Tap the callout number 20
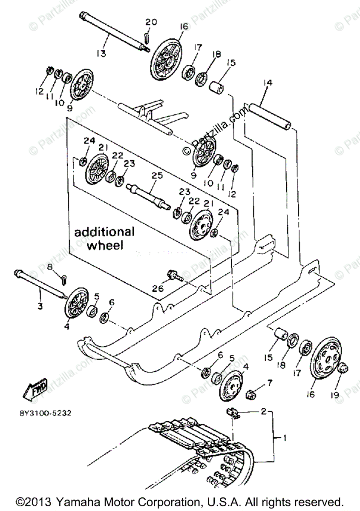(x=151, y=22)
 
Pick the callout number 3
(x=40, y=306)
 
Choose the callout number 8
(x=49, y=267)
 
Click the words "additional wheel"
(x=104, y=238)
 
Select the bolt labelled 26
(x=175, y=275)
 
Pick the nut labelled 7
(x=252, y=394)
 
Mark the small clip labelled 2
(x=233, y=412)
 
